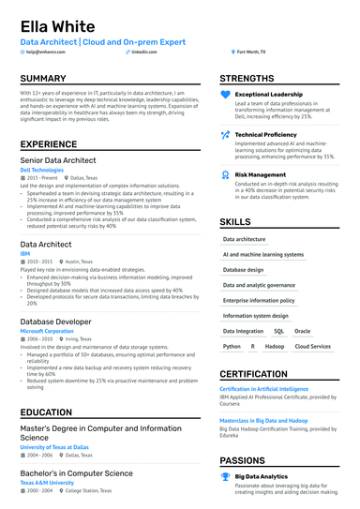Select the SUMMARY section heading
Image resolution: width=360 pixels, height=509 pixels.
(x=43, y=79)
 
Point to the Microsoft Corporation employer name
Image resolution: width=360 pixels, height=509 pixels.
(x=46, y=331)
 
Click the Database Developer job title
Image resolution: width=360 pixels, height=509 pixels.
(x=56, y=322)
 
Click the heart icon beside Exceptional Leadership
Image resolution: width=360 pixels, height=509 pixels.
(x=225, y=95)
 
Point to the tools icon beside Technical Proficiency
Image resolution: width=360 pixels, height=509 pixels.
(x=225, y=135)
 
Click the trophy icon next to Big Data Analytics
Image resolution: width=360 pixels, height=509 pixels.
(x=225, y=477)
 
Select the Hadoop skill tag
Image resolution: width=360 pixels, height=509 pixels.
(x=274, y=346)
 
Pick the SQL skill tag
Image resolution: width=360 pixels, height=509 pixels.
(x=278, y=331)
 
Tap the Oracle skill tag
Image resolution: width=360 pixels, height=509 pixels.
(x=302, y=331)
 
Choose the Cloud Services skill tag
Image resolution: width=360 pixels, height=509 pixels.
(x=312, y=346)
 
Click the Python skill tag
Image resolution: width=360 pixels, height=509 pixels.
(x=232, y=346)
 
